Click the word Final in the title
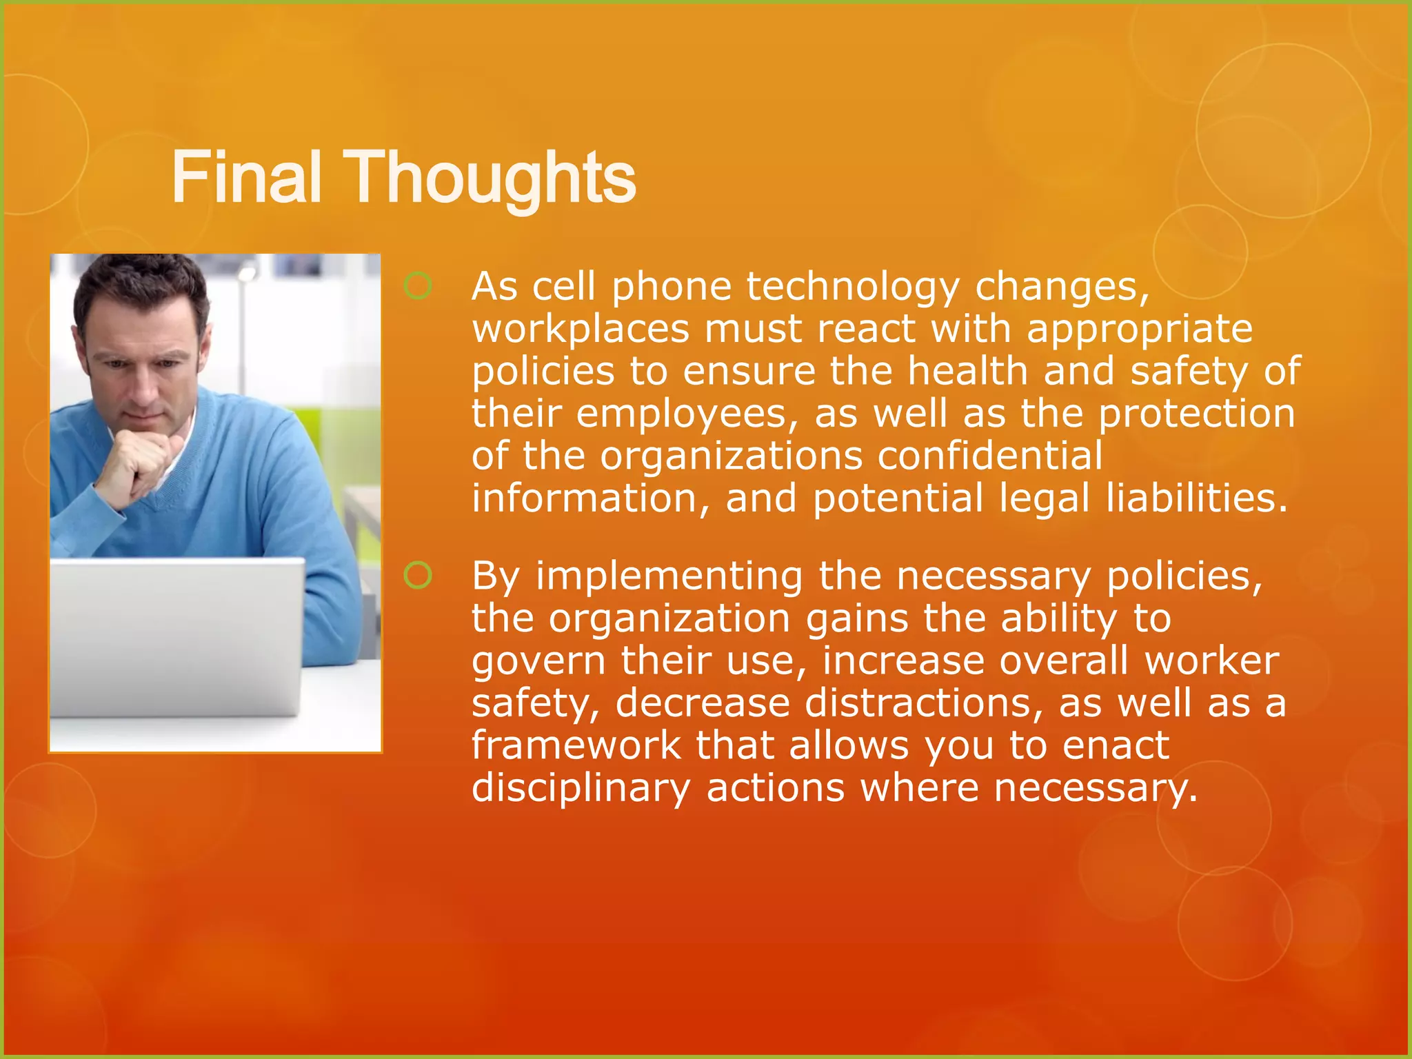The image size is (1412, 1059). pos(246,179)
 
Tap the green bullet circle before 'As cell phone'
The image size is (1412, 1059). pos(418,285)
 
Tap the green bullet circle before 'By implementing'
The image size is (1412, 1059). pos(418,575)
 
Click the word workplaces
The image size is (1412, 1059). pos(580,330)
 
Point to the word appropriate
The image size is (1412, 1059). pos(1139,330)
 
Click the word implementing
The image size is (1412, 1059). pos(669,577)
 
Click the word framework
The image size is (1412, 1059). pos(576,745)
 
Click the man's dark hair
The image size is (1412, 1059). pos(138,283)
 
